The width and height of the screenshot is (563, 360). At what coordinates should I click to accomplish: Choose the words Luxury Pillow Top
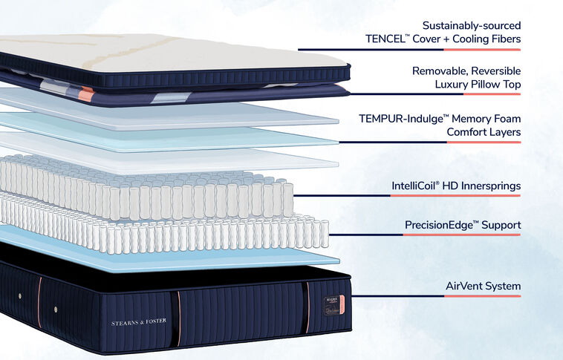click(x=478, y=85)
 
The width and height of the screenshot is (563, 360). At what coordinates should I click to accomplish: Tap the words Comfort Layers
click(x=484, y=132)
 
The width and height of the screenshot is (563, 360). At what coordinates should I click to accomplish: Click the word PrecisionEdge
click(x=439, y=224)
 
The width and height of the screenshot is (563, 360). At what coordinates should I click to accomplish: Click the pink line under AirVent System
click(x=498, y=297)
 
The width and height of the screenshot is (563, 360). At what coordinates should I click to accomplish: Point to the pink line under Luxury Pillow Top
click(x=498, y=95)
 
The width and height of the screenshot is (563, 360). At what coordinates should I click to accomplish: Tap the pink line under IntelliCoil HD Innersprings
click(x=498, y=196)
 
